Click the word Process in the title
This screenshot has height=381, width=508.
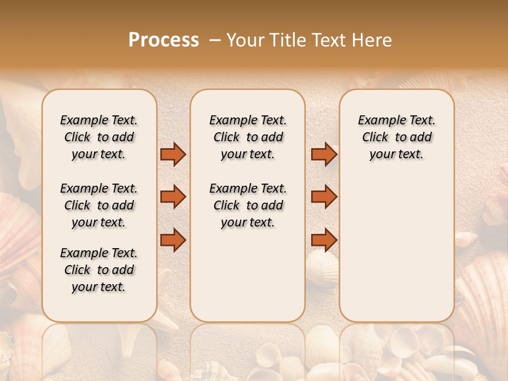click(x=164, y=40)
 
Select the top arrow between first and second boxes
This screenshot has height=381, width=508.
click(x=173, y=155)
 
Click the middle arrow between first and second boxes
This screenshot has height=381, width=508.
click(x=173, y=197)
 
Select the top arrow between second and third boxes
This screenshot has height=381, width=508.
click(x=324, y=155)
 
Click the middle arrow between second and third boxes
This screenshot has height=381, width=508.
click(x=324, y=197)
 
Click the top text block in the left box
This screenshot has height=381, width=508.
click(x=99, y=137)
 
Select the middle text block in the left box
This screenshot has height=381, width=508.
click(x=99, y=205)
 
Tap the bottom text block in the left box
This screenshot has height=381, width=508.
click(x=99, y=270)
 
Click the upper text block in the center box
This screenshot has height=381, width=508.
click(x=248, y=137)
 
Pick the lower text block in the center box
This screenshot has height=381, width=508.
click(x=248, y=205)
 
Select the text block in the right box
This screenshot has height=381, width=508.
click(x=397, y=137)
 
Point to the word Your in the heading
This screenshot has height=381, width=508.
click(x=244, y=40)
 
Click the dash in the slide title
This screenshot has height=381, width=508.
click(x=214, y=40)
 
